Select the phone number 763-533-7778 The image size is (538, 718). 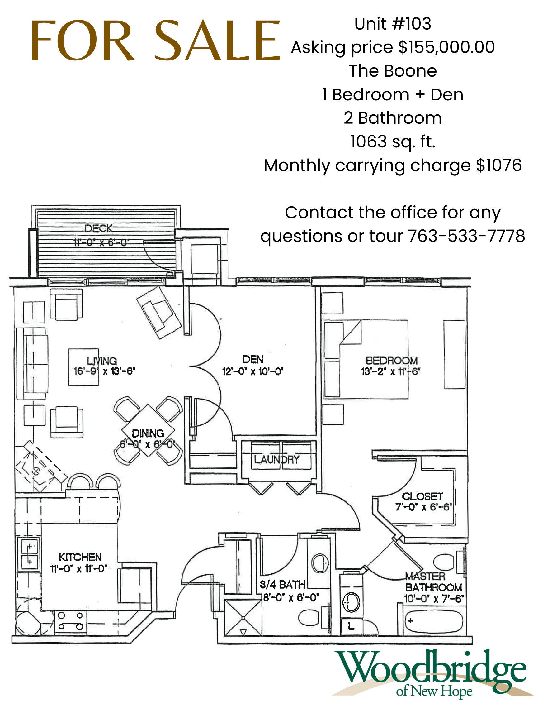(466, 236)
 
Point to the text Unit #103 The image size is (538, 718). (392, 24)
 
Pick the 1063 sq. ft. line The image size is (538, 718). (392, 142)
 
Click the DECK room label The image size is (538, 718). (99, 228)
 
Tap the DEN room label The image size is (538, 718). (252, 360)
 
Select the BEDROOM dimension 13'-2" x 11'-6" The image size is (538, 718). (390, 372)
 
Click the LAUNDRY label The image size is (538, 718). (276, 460)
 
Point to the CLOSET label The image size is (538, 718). (422, 496)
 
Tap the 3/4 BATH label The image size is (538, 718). (282, 585)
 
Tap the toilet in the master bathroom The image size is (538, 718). (443, 562)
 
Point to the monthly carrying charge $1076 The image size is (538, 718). (392, 165)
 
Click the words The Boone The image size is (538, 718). (392, 71)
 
